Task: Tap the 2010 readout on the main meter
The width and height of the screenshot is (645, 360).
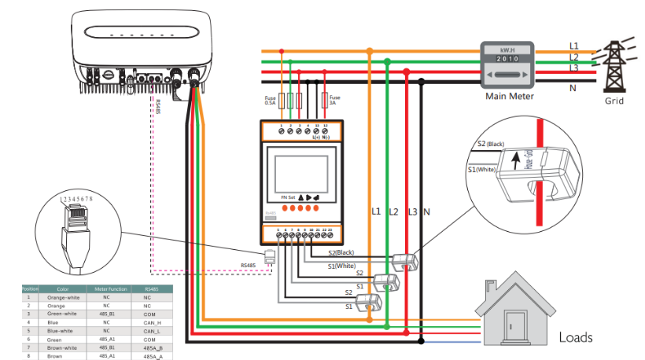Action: pos(507,58)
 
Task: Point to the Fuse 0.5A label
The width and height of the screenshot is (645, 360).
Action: pos(270,99)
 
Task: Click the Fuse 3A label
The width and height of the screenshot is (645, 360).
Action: pos(334,99)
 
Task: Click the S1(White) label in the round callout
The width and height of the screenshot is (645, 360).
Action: pos(481,170)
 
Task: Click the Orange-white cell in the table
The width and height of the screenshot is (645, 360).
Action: pos(63,299)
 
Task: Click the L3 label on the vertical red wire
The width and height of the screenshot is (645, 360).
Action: pos(412,212)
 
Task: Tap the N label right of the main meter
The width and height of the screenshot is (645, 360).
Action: pos(572,86)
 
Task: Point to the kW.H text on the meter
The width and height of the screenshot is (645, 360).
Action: pos(507,49)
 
